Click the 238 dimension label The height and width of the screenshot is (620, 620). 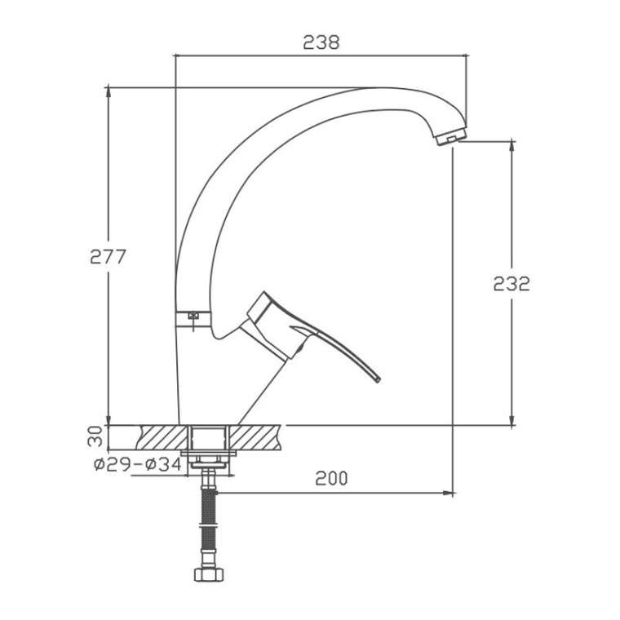tap(321, 42)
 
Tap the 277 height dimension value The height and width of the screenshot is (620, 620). tap(108, 257)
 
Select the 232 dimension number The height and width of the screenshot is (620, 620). tap(511, 284)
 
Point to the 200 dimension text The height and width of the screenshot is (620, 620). tap(331, 478)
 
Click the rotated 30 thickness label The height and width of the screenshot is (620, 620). tap(95, 436)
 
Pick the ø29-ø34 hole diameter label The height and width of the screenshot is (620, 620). tap(138, 464)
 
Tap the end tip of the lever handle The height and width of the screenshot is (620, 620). tap(378, 379)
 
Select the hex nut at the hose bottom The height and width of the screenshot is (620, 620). tap(209, 574)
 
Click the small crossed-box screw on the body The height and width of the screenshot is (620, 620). tap(193, 316)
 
